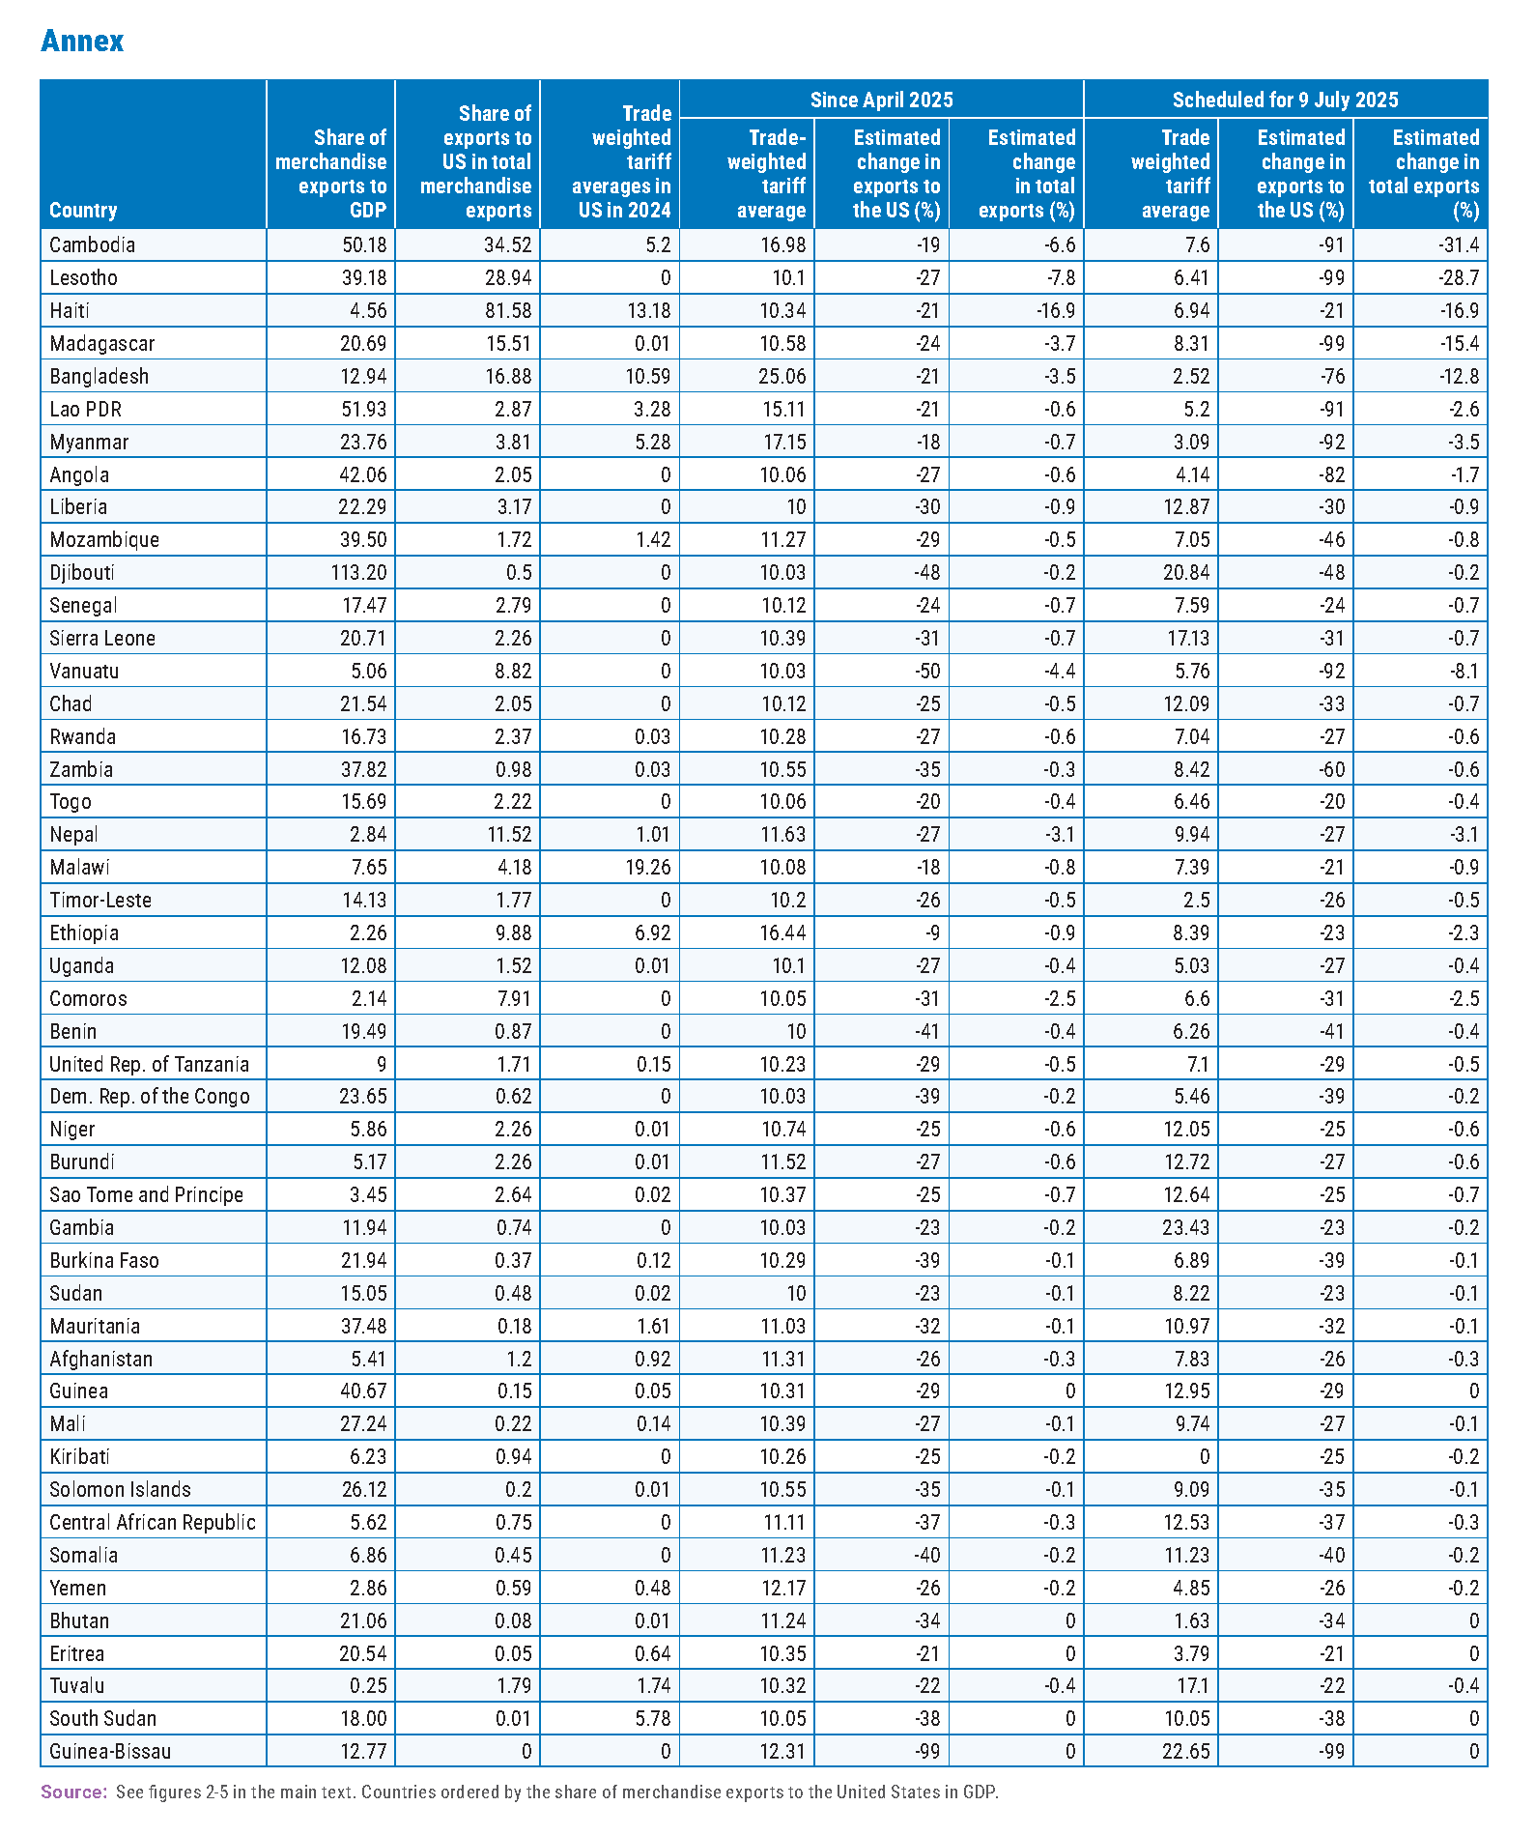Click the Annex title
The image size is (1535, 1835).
point(82,41)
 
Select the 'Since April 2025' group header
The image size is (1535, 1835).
point(881,100)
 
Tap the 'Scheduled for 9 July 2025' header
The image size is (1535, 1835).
point(1285,100)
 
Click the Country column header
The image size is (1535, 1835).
point(83,211)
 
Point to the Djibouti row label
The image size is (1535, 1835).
point(82,572)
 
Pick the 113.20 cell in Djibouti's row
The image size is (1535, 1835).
point(358,572)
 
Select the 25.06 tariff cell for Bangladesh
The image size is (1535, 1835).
point(782,376)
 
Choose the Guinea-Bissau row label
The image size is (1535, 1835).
point(110,1751)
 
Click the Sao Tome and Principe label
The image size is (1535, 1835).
point(146,1194)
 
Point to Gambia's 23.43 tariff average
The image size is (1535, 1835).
point(1186,1227)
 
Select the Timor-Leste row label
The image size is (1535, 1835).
point(100,900)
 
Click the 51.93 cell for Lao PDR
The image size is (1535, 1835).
point(364,409)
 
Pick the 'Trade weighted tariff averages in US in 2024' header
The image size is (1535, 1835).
point(621,161)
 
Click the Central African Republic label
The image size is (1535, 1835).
point(153,1522)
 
